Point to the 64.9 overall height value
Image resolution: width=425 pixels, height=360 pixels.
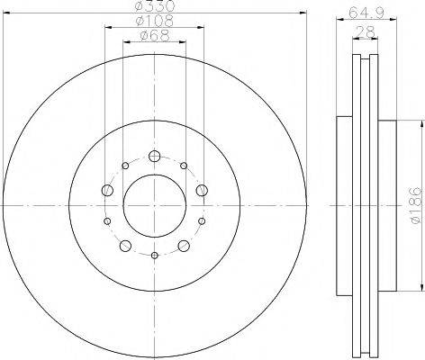(361, 13)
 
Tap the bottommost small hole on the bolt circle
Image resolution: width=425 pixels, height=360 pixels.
(154, 256)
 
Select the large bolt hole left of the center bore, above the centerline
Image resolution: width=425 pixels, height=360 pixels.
(107, 189)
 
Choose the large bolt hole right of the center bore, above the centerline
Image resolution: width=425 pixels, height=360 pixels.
(202, 189)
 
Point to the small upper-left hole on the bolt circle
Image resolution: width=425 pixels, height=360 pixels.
(124, 166)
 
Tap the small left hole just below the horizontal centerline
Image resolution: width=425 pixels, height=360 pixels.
(107, 221)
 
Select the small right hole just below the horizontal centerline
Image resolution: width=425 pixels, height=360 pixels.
(202, 221)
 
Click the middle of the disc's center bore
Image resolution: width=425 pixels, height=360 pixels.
(154, 205)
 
